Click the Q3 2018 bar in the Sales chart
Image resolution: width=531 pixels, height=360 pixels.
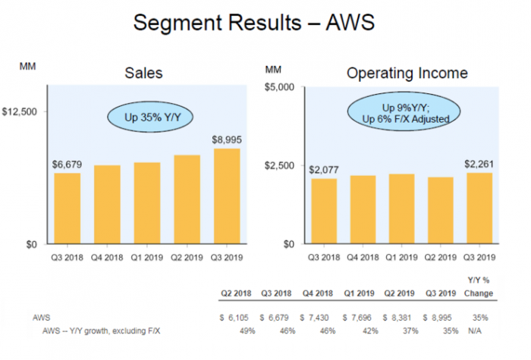[67, 208]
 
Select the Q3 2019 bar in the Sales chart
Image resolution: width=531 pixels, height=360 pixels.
[227, 196]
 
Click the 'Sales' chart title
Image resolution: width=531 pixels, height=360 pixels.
[145, 74]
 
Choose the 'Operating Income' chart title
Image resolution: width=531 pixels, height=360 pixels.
[407, 74]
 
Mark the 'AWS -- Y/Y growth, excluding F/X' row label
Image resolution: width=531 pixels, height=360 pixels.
[101, 330]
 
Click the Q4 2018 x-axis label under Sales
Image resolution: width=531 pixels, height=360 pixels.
[107, 258]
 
